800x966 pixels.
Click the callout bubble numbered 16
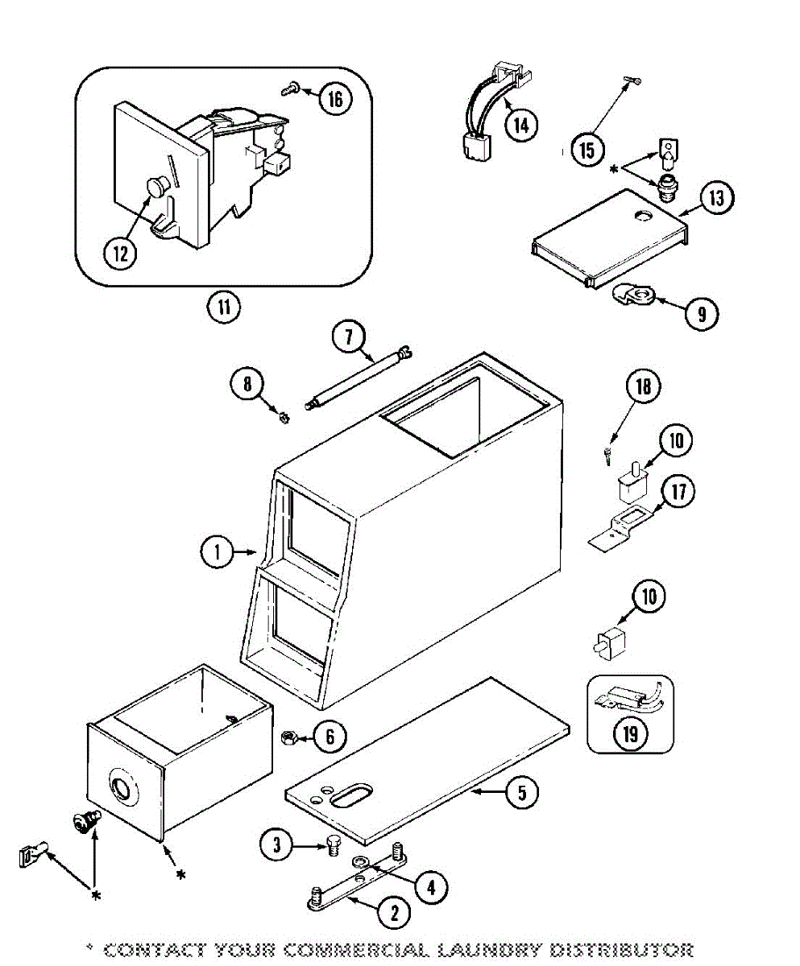335,98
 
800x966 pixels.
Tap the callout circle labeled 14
520,125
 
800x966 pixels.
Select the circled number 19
630,734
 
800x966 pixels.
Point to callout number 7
349,336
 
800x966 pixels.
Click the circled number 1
218,551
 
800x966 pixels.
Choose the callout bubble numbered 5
522,792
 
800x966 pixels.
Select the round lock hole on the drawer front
122,786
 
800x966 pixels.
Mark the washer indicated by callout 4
359,861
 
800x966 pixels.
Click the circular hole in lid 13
643,215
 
